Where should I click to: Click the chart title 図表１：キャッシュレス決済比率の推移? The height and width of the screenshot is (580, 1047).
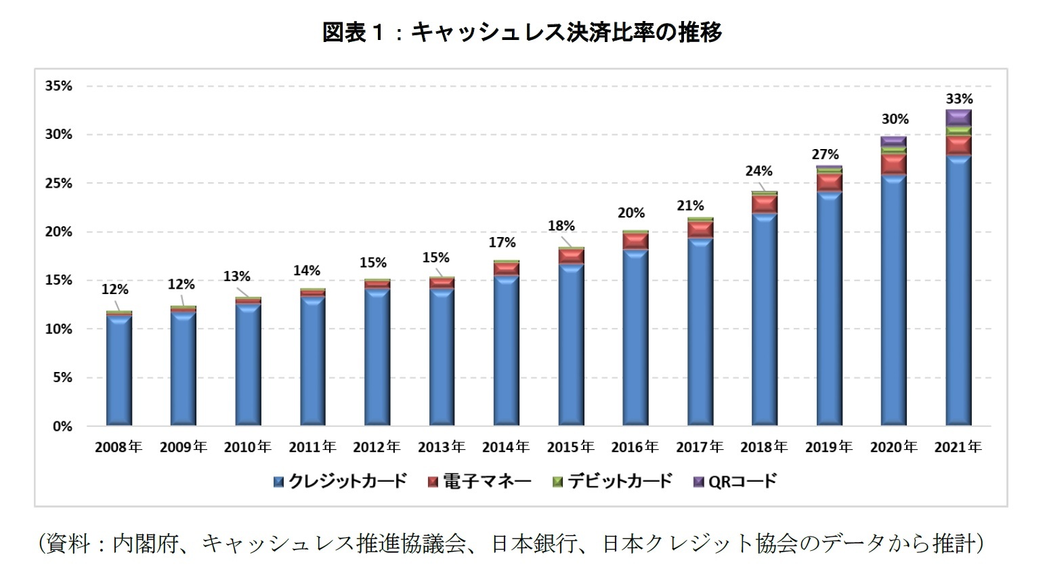point(522,32)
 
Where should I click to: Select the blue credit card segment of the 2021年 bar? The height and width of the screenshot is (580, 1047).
point(958,291)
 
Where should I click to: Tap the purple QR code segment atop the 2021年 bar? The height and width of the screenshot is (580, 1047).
point(958,117)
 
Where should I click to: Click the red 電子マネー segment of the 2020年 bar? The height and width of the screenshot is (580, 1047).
point(894,164)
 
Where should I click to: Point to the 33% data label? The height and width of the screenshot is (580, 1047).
point(959,99)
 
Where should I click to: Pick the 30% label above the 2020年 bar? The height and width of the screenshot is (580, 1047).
point(895,119)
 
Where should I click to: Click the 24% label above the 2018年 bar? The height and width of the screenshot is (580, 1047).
point(758,171)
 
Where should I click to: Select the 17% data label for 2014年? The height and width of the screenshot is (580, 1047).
point(502,242)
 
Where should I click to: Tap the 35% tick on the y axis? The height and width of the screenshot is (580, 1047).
point(58,86)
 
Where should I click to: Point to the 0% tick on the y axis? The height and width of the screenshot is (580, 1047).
point(62,426)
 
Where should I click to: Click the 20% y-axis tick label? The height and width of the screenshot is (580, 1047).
point(58,232)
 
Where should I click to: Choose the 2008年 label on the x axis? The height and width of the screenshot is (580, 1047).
point(119,447)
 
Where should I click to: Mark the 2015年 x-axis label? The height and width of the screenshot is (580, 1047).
point(570,447)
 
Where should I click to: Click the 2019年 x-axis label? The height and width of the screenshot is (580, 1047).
point(828,447)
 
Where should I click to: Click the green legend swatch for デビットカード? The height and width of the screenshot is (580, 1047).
point(558,482)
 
